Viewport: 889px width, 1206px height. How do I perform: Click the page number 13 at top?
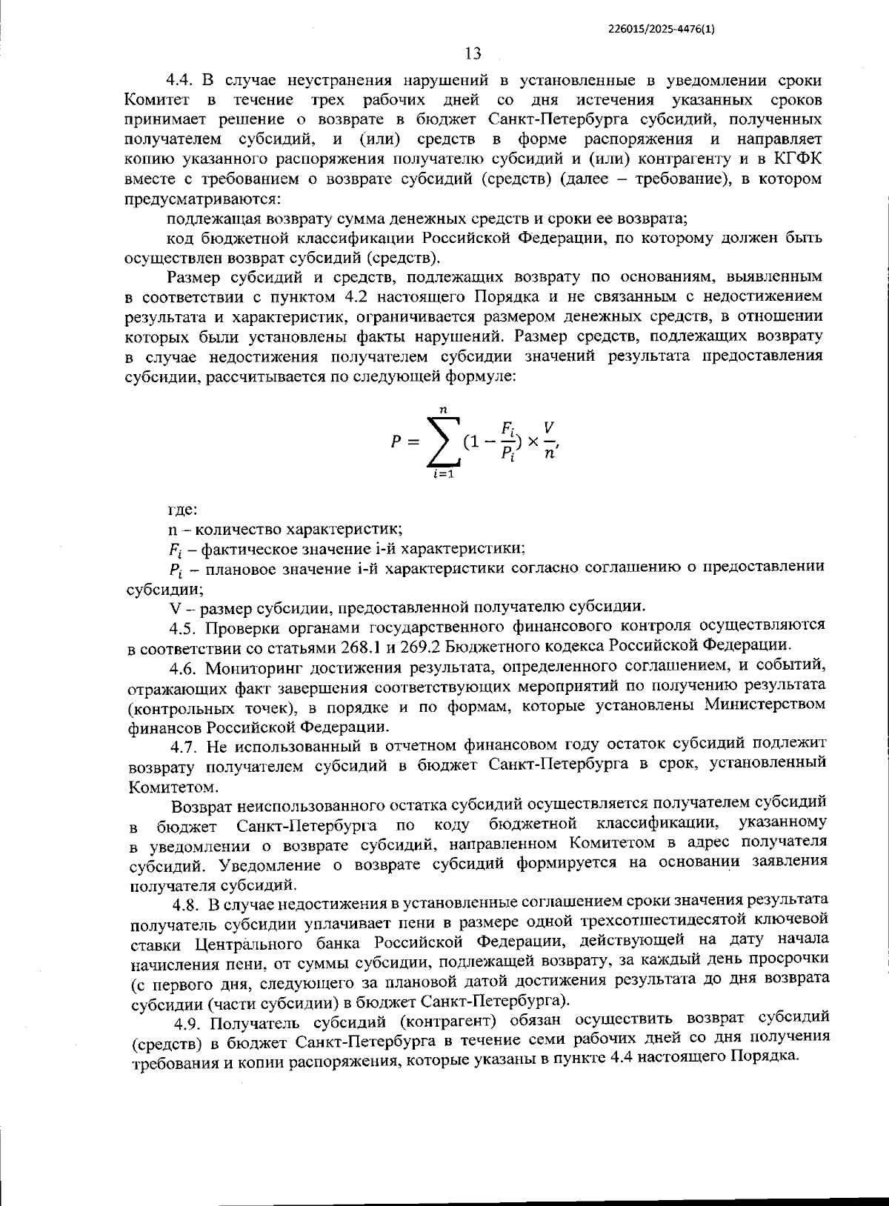coord(473,53)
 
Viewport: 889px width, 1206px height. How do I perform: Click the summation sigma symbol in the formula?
coord(443,442)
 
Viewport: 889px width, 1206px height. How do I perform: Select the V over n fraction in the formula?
coord(548,442)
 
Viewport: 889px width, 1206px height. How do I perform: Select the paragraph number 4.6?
coord(182,667)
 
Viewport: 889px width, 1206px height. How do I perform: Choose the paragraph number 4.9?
coord(187,1024)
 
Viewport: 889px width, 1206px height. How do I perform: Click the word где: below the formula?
coord(182,510)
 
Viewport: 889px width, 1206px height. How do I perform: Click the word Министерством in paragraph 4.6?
coord(765,705)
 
